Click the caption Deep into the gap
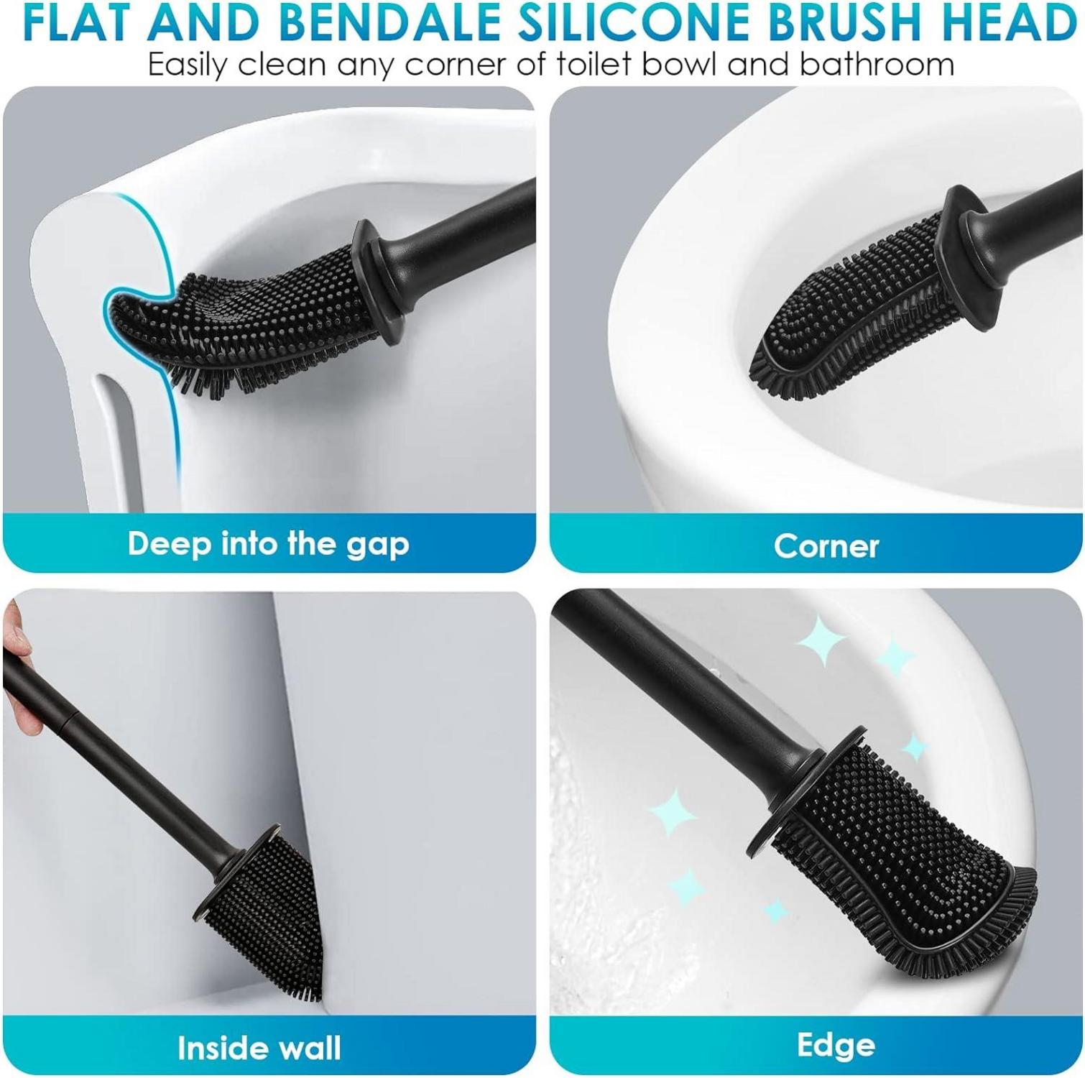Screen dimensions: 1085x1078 coord(269,545)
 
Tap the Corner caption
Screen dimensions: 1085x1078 coord(826,547)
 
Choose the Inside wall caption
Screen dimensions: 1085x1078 coord(259,1048)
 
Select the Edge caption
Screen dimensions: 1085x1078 coord(836,1046)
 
